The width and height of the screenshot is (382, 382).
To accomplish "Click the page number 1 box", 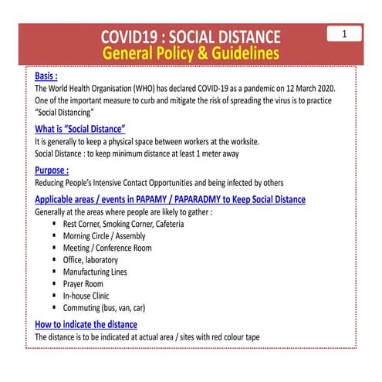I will pos(344,34).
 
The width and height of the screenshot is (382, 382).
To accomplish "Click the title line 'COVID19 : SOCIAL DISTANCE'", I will pos(191,37).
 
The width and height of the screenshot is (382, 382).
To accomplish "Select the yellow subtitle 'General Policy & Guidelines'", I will pos(191,53).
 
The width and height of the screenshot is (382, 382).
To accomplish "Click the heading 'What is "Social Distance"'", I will pos(79,129).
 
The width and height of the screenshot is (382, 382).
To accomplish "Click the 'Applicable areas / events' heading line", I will pos(170,199).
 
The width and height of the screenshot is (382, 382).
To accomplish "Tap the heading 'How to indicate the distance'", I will pos(86,324).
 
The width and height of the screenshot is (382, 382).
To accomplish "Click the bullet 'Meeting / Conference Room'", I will pos(107,248).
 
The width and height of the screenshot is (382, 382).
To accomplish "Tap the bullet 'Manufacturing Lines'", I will pos(96,272).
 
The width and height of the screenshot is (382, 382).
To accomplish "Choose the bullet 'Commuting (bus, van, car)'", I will pos(104,307).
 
